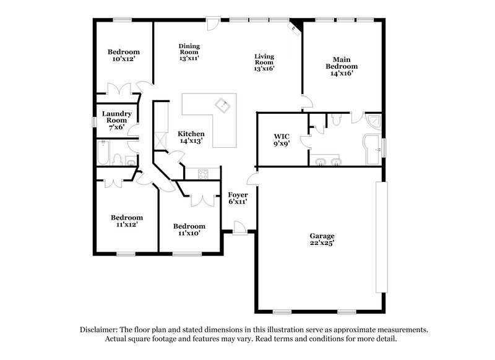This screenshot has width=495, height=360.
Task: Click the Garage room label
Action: [x=322, y=236]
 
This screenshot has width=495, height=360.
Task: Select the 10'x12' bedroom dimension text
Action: [x=124, y=59]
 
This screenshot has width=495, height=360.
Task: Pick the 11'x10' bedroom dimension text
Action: [x=189, y=234]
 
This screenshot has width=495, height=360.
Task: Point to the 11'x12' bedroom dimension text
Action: [x=127, y=225]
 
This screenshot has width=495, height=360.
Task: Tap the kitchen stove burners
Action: [x=204, y=174]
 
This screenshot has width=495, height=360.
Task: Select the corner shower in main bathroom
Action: [x=375, y=122]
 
